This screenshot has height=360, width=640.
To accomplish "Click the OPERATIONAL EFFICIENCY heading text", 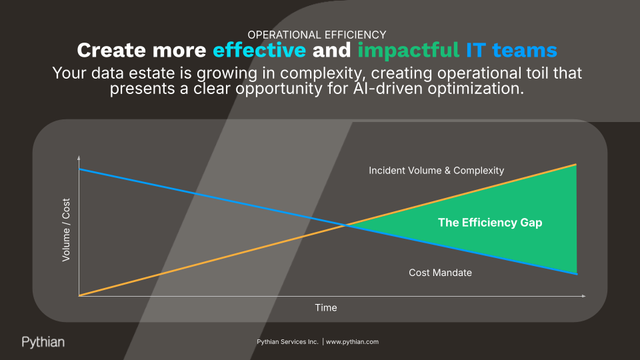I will tap(317, 35).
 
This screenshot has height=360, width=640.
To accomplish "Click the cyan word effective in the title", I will tap(259, 51).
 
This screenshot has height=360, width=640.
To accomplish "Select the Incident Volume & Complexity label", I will tap(436, 171).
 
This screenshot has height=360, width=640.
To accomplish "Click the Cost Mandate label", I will tap(440, 273).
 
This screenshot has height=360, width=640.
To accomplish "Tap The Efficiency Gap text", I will tap(489, 223).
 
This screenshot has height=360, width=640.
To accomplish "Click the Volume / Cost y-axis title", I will tap(66, 230).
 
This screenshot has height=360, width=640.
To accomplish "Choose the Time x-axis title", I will tap(326, 308).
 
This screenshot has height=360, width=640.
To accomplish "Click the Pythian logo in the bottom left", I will tap(43, 342).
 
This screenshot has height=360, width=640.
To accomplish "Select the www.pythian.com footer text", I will tap(352, 341).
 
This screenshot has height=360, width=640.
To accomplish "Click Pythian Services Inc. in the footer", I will tap(287, 341).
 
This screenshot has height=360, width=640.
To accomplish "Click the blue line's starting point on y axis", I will tap(79, 169).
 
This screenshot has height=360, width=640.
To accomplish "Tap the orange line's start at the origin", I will tap(79, 295).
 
